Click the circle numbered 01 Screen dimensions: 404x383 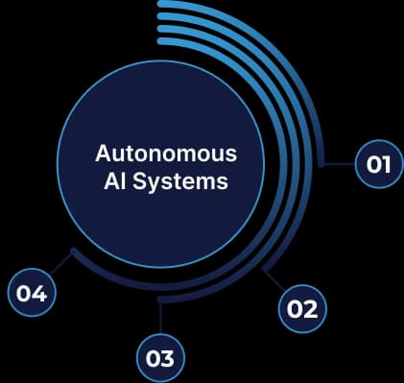[379, 164]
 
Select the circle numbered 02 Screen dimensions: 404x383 [301, 308]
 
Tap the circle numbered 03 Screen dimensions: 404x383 [160, 358]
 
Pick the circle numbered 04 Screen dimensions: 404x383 [32, 293]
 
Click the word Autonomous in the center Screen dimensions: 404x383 [167, 154]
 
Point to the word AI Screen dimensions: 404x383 [114, 180]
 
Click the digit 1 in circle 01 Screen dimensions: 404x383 [386, 164]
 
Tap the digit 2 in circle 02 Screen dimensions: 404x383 [309, 308]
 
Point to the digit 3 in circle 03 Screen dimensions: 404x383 [168, 358]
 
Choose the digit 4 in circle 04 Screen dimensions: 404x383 [39, 293]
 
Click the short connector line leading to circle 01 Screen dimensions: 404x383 [340, 164]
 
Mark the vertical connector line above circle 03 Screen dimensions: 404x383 [160, 316]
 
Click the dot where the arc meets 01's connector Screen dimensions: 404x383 [323, 164]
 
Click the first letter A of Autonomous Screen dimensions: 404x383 [103, 154]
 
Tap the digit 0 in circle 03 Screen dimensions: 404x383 [154, 358]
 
